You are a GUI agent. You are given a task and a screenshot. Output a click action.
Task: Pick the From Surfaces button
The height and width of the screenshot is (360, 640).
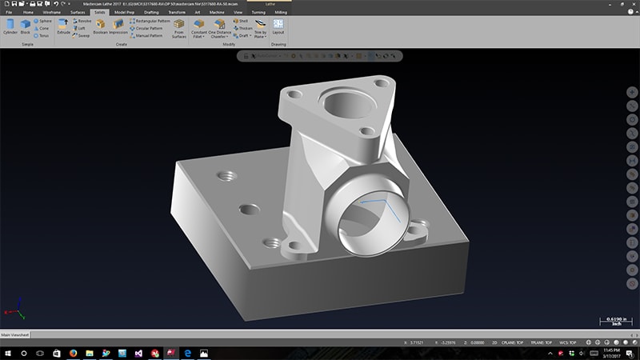(x=178, y=30)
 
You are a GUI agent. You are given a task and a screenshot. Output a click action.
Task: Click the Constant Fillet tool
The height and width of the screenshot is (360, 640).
(x=198, y=30)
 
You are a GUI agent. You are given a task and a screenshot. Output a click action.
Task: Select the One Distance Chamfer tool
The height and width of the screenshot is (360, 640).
(x=218, y=30)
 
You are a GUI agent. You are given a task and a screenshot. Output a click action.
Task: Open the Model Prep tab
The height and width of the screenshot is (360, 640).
(x=124, y=13)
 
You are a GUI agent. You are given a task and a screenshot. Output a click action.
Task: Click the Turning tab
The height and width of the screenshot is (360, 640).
(x=258, y=13)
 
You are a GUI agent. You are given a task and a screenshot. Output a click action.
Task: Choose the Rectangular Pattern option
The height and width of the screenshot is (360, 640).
(x=151, y=21)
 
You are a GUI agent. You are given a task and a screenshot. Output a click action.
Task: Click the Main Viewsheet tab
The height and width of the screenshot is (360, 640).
(x=17, y=335)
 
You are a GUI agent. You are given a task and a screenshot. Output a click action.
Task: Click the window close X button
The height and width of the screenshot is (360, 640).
(x=634, y=3)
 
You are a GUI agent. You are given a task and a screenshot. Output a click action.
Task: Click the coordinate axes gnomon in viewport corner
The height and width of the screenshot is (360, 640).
(x=16, y=310)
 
